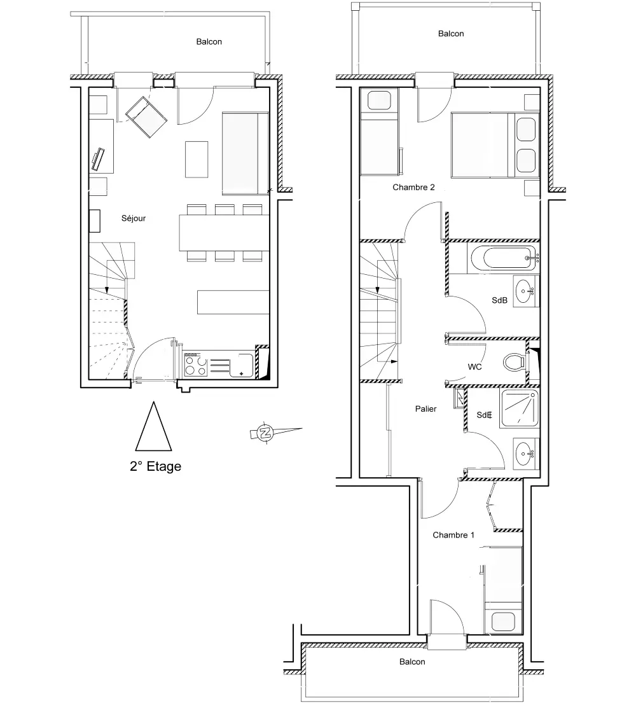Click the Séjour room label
point(134,218)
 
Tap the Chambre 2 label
point(413,187)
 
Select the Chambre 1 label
point(453,535)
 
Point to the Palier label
point(425,409)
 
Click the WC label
point(474,367)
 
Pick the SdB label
point(499,300)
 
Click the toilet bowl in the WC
point(515,362)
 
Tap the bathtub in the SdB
point(503,258)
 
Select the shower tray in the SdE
point(520,408)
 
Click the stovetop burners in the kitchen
point(195,365)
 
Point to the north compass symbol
point(265,433)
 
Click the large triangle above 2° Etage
point(153,426)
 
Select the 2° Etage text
point(155,466)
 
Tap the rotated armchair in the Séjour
point(146,117)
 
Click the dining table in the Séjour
point(224,233)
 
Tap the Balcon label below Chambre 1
point(412,662)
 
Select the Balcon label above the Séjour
point(209,41)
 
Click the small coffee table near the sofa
point(197,160)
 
